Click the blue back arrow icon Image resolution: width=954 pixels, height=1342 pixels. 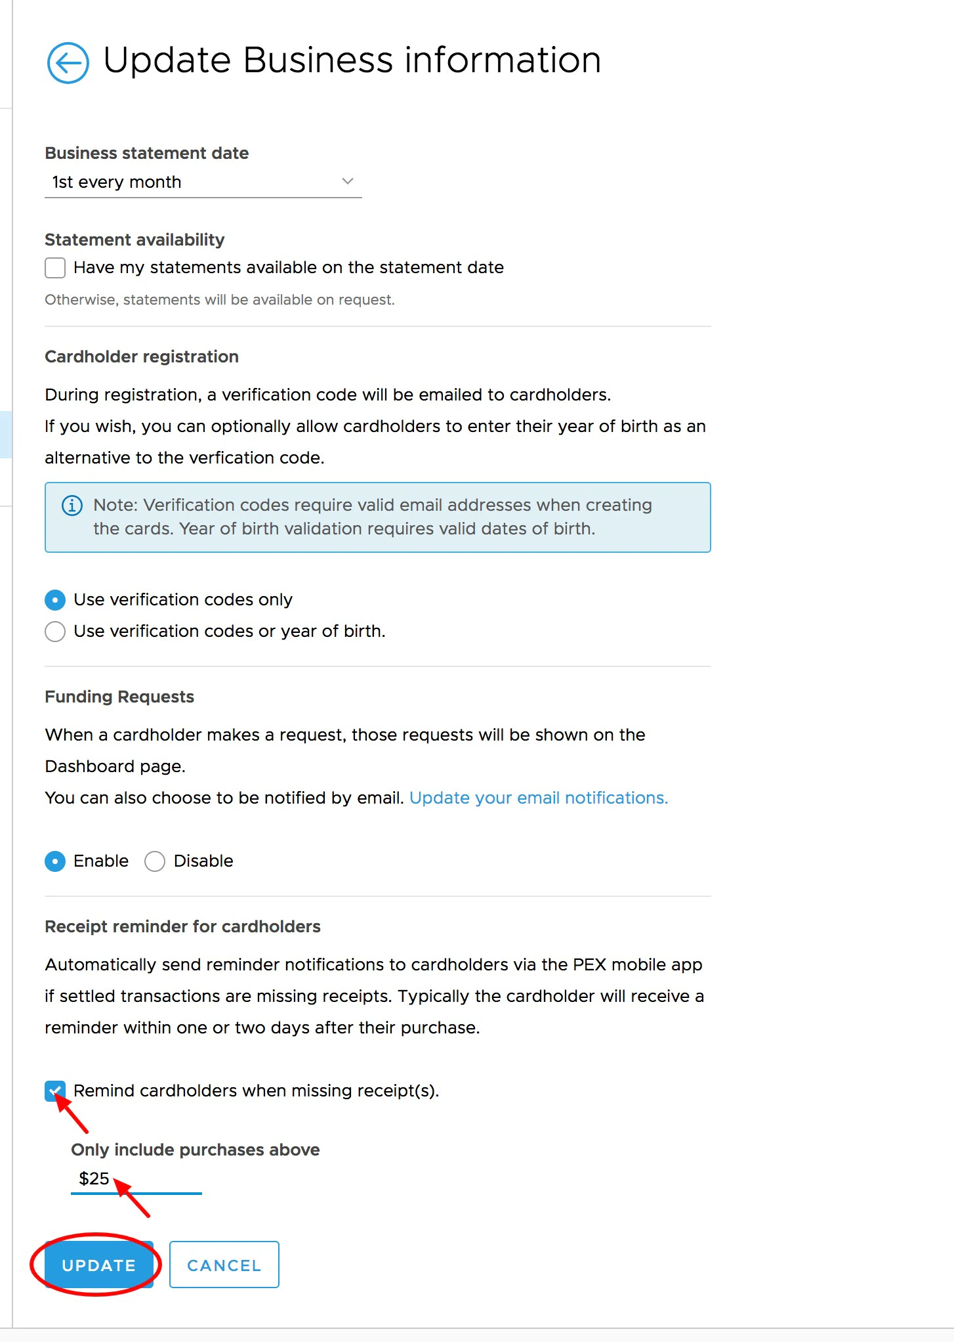click(68, 63)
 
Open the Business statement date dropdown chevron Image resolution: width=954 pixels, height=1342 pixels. click(348, 181)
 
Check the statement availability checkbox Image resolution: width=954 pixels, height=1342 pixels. click(55, 268)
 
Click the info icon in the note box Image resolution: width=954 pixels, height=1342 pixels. click(72, 506)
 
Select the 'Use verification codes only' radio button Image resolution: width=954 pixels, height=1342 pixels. click(55, 600)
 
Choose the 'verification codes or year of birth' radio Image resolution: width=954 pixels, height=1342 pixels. click(55, 632)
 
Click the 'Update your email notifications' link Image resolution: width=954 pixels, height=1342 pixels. click(538, 798)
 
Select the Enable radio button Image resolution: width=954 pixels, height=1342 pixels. click(55, 861)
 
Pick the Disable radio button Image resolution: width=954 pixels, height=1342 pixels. click(155, 861)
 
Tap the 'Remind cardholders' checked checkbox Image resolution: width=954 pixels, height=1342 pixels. click(55, 1091)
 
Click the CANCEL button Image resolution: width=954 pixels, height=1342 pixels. click(224, 1265)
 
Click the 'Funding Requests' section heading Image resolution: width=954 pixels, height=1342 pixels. click(119, 697)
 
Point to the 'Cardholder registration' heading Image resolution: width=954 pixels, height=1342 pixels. click(142, 357)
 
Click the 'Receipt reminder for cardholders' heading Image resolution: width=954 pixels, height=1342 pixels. click(182, 926)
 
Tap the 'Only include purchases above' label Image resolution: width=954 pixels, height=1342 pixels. click(195, 1150)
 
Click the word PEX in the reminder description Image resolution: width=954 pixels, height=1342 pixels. click(589, 964)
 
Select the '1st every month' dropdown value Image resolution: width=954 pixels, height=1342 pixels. click(117, 182)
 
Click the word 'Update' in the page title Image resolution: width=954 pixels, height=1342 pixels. click(167, 60)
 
